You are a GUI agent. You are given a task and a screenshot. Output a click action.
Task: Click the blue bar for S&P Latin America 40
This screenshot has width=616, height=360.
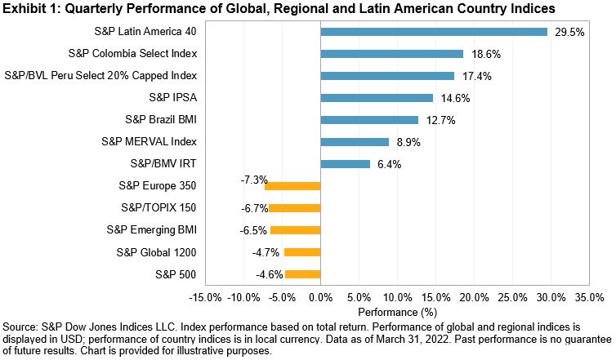tap(434, 32)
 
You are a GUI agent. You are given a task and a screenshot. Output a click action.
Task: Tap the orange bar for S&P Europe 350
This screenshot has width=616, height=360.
tap(292, 186)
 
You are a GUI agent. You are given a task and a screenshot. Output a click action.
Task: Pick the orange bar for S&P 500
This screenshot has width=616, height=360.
tap(302, 274)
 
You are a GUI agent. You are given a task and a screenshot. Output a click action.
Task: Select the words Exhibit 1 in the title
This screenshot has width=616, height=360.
tap(30, 8)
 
